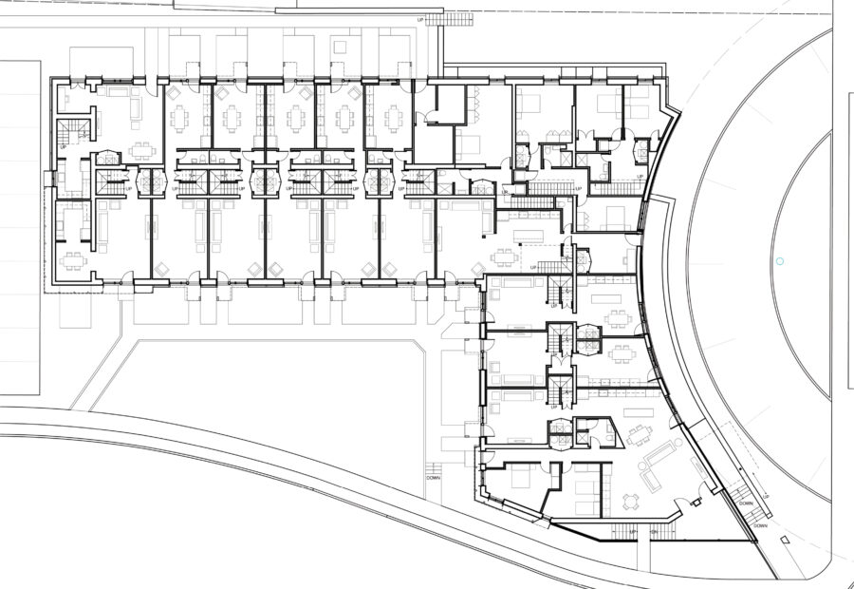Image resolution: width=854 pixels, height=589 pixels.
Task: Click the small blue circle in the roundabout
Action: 780,260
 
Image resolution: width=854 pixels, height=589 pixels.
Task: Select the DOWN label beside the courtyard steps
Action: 434,479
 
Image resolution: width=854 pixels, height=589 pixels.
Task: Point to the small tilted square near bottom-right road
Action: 786,539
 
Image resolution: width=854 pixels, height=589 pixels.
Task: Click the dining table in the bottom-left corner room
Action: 72,257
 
